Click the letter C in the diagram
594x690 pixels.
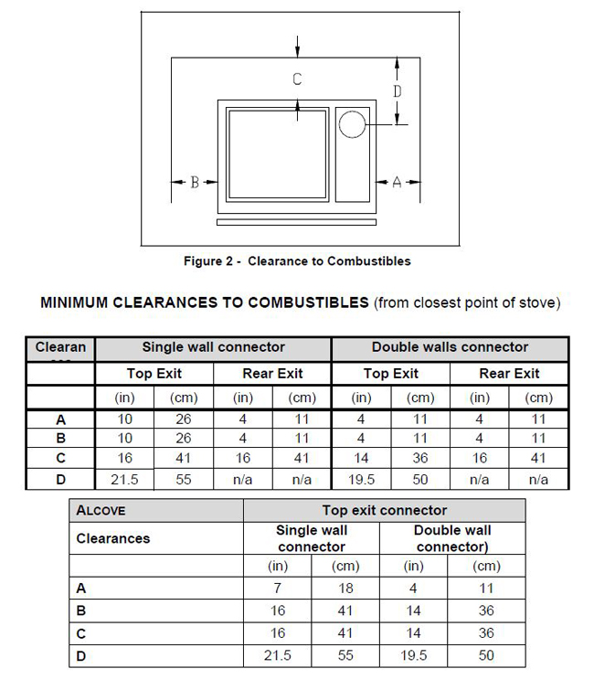tap(297, 80)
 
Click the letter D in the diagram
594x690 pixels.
tap(397, 91)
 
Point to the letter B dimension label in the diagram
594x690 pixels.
tap(194, 183)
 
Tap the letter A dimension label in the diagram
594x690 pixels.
tap(397, 183)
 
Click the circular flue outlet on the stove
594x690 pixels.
tap(352, 124)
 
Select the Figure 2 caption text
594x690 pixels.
tap(297, 261)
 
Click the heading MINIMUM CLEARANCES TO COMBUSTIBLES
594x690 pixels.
tap(205, 303)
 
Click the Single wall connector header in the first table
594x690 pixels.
tap(213, 347)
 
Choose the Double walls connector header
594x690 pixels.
tap(450, 347)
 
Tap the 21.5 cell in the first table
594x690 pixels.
tap(124, 480)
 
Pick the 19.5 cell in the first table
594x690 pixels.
tap(362, 480)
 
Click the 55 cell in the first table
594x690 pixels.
tap(184, 480)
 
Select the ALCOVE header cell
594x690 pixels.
tap(101, 511)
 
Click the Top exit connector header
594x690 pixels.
tap(385, 511)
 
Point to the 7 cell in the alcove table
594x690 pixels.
tap(278, 589)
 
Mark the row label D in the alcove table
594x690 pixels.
tap(81, 655)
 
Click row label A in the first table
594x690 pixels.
tap(61, 419)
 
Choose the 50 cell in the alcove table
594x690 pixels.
tap(485, 655)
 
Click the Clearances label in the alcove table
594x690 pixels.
tap(113, 538)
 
